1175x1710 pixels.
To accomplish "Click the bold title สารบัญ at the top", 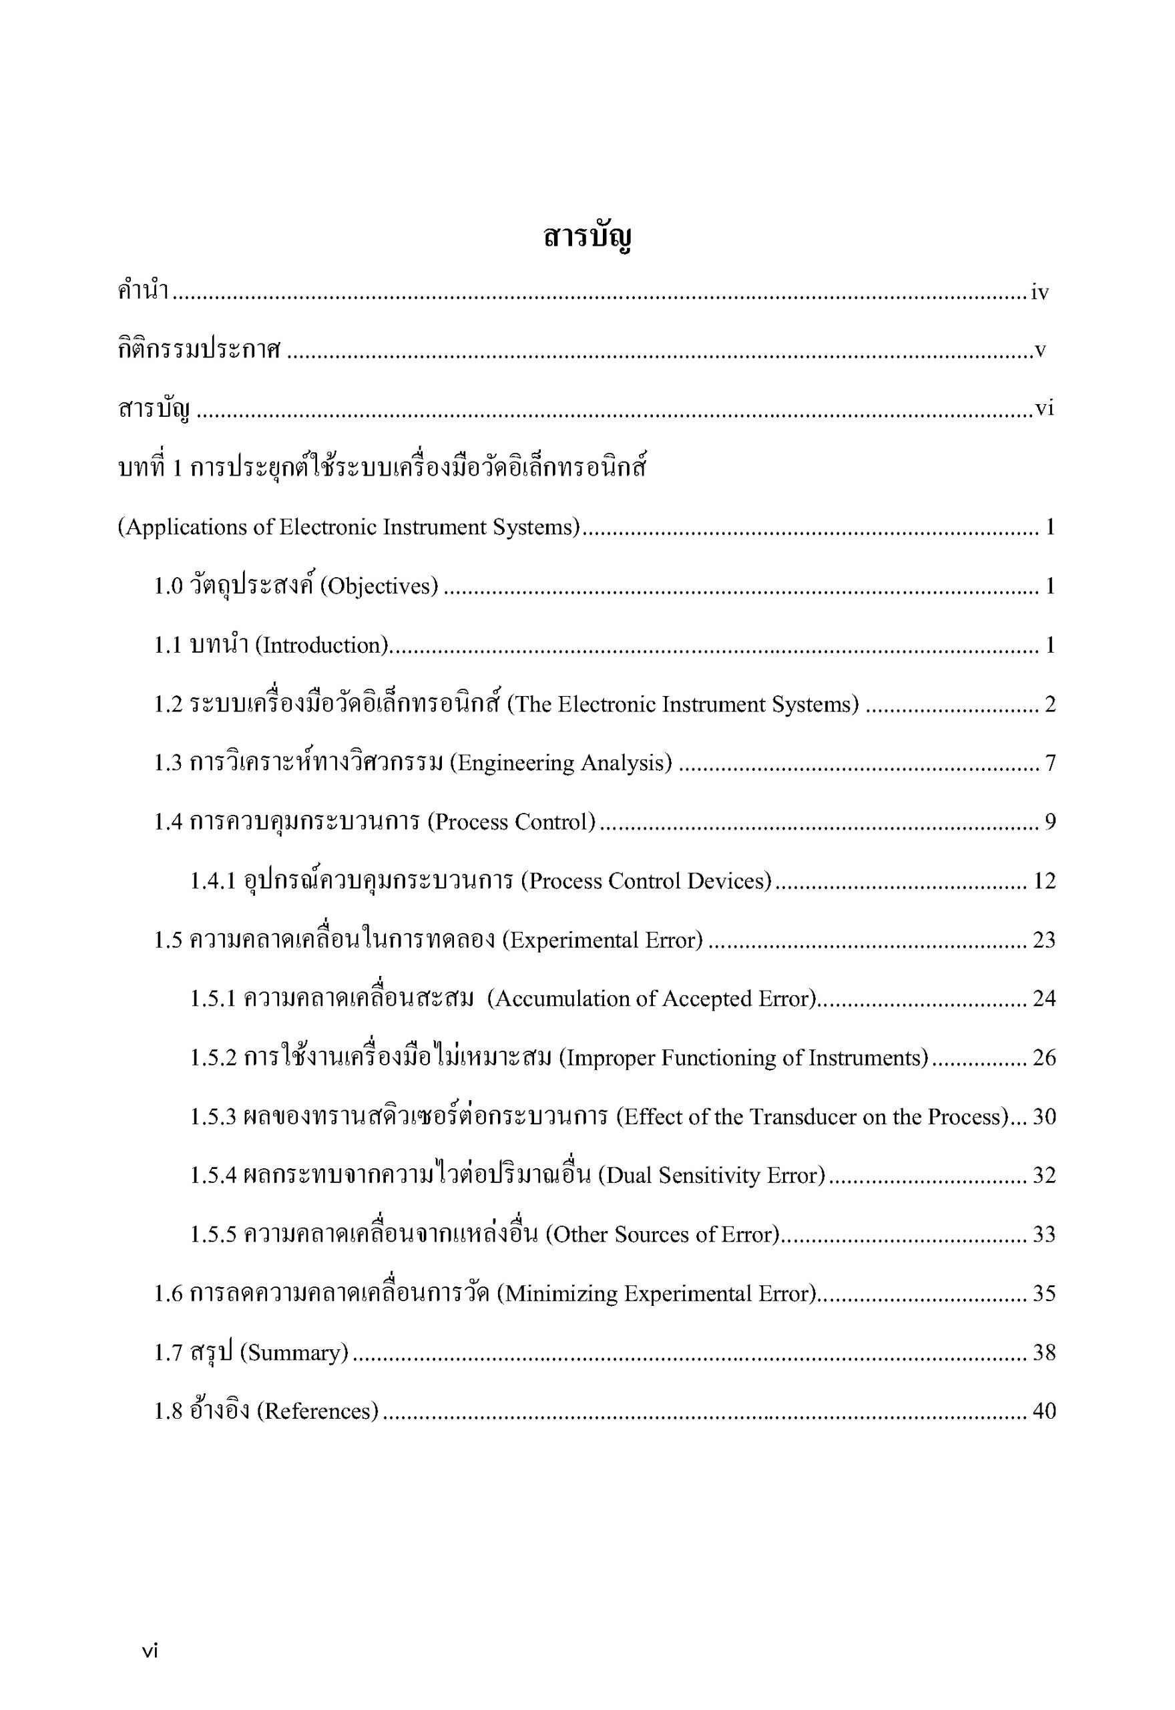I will tap(587, 238).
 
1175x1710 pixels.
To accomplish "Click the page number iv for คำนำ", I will tap(1039, 293).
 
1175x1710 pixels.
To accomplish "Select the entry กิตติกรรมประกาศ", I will tap(199, 351).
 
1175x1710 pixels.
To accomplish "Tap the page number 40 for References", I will tap(1044, 1410).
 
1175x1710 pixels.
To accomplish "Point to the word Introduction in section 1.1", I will tap(322, 645).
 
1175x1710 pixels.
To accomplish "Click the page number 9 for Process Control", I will tap(1050, 822).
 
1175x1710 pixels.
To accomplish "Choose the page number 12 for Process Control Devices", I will tap(1044, 881).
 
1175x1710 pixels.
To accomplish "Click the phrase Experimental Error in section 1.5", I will tap(602, 940).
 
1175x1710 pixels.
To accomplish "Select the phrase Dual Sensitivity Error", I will tap(711, 1176).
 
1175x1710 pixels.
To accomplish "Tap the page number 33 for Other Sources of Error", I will tap(1044, 1234).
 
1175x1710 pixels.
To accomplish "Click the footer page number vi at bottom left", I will tap(150, 1651).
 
